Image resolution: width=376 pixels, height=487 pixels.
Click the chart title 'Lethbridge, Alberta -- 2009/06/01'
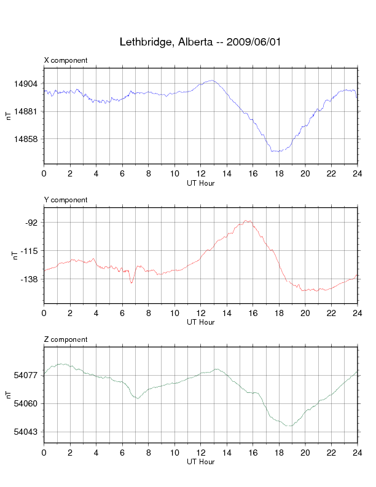coord(201,42)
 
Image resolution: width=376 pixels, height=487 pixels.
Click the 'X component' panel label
coord(66,60)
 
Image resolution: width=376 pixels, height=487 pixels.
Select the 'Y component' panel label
coord(66,200)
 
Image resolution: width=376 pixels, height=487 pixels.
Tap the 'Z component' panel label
coord(66,339)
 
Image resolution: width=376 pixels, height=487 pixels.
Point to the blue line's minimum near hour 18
coord(276,151)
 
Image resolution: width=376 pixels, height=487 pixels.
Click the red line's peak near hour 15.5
coord(247,220)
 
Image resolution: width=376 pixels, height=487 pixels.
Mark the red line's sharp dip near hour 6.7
coord(131,283)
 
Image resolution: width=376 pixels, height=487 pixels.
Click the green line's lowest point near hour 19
coord(289,426)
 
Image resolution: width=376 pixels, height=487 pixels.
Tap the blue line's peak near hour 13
coord(213,80)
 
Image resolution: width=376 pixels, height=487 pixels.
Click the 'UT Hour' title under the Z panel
coord(201,462)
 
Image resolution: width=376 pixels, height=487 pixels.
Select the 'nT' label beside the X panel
coord(9,116)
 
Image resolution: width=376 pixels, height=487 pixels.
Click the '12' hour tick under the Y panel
coord(201,314)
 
